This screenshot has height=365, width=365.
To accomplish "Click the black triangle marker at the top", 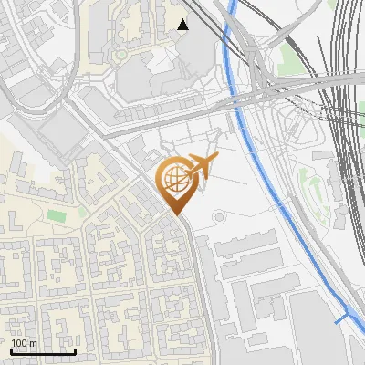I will (183, 25).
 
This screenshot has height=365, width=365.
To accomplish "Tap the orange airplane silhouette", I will (199, 166).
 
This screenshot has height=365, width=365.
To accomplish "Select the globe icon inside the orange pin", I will (173, 181).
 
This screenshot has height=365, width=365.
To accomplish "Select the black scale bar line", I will (43, 351).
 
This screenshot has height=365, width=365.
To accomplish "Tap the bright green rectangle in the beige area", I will (57, 215).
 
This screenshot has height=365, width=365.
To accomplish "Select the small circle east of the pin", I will (219, 216).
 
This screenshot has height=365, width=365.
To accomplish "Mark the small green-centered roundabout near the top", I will (120, 56).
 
